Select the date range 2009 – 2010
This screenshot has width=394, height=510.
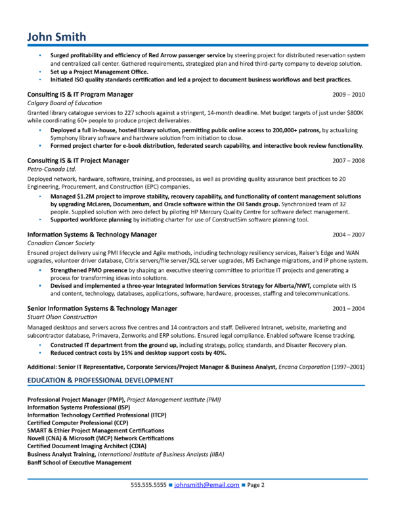click(349, 95)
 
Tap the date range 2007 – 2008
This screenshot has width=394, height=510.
click(349, 160)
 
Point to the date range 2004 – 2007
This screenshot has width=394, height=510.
click(349, 234)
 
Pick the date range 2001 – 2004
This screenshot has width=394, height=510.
click(349, 308)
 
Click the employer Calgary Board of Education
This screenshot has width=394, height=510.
click(64, 103)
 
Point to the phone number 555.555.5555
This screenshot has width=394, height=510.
click(148, 486)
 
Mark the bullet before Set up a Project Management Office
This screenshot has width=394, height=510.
click(40, 72)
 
